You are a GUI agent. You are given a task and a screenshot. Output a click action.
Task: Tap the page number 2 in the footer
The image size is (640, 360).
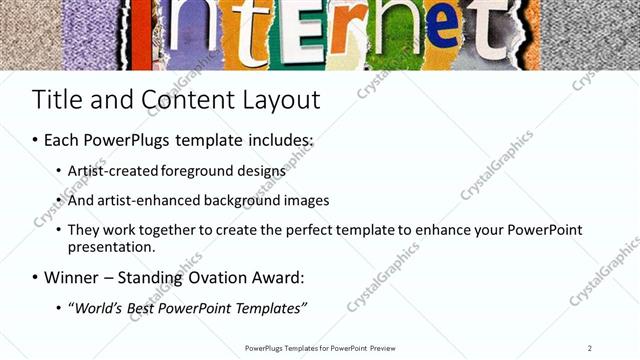tap(589, 348)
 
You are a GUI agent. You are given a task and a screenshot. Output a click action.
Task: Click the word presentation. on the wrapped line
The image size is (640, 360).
tap(111, 246)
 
